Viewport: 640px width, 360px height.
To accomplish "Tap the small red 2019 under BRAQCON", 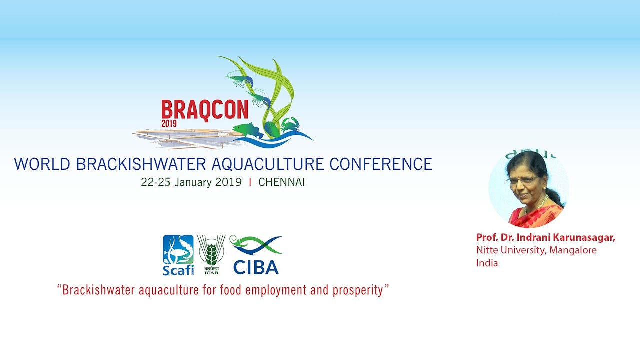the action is tap(169, 123).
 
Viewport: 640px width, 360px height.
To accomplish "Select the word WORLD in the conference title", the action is tap(42, 164).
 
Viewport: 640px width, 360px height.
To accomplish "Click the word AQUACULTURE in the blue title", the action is tap(268, 164).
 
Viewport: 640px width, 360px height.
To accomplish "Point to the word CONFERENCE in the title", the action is tap(381, 164).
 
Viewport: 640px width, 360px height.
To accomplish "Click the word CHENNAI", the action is tap(281, 182).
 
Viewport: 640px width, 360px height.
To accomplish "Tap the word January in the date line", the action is tap(193, 182).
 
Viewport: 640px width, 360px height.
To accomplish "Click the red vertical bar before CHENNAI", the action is tap(250, 182).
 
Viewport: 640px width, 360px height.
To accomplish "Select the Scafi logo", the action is tap(178, 255).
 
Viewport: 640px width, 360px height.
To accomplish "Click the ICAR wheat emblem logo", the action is tap(211, 254).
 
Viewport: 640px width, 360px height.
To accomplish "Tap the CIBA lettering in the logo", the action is tap(256, 267).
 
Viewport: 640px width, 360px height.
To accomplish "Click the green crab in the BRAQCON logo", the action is tap(290, 125).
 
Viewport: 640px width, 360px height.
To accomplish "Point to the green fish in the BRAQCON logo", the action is tap(248, 131).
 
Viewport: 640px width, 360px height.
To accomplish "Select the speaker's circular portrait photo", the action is tap(528, 189).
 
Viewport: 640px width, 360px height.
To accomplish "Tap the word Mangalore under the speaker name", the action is tap(573, 250).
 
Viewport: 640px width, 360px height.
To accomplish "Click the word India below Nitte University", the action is tap(487, 263).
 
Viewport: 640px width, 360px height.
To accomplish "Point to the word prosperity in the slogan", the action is tap(358, 291).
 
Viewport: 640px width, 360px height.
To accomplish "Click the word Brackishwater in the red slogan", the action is tap(98, 290).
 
